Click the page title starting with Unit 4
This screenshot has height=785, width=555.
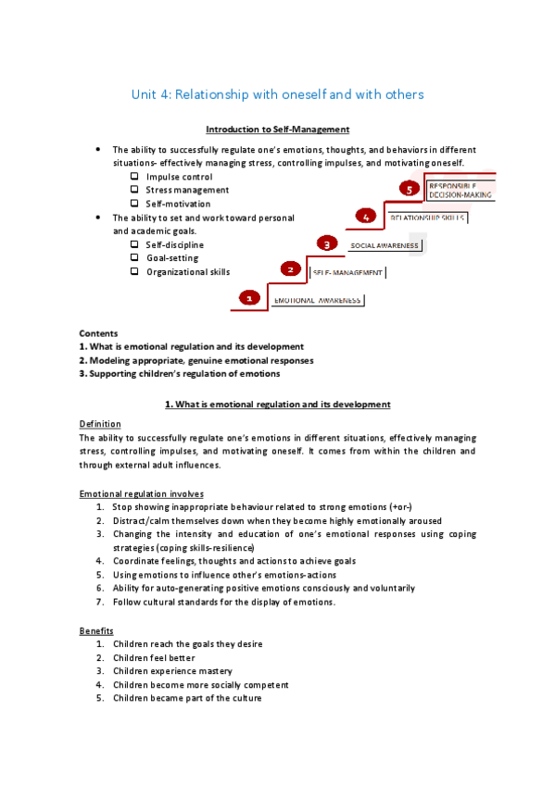coord(277,94)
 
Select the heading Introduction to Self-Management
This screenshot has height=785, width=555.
coord(277,130)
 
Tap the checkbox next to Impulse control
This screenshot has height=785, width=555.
coord(135,176)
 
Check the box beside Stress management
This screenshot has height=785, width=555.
coord(135,190)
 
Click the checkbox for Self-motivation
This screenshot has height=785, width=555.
coord(135,203)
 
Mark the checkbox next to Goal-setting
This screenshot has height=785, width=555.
coord(135,257)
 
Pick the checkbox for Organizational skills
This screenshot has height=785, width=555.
coord(135,271)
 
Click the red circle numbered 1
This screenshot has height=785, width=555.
coord(249,298)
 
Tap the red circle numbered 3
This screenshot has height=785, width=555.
coord(326,243)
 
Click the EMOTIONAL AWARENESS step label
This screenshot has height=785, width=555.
coord(318,301)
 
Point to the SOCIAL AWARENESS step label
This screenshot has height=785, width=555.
coord(385,245)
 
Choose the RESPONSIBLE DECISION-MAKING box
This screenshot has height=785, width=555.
coord(460,190)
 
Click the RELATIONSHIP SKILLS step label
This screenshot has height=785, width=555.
coord(426,218)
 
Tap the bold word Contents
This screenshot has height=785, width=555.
coord(98,333)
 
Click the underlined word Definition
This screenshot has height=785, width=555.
coord(100,424)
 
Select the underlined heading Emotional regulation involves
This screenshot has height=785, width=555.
coord(142,493)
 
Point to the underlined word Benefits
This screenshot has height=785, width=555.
coord(96,630)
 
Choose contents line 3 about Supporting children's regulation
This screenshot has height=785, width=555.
coord(179,374)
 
